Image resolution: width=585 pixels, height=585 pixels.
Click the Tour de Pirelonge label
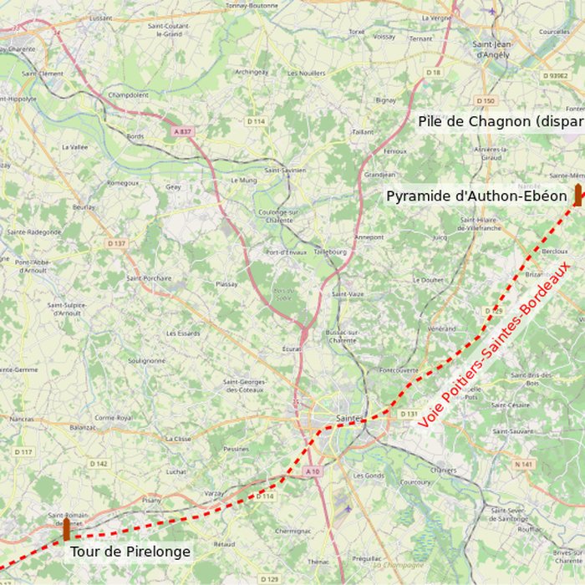tap(130, 552)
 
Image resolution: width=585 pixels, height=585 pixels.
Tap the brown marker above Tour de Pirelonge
tap(67, 528)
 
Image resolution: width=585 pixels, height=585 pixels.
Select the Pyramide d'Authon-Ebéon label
tap(476, 196)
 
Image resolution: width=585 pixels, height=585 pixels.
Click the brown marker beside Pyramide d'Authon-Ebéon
tap(577, 195)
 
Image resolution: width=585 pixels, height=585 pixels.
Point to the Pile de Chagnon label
tap(500, 121)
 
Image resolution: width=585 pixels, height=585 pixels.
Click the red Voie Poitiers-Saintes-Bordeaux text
tap(494, 344)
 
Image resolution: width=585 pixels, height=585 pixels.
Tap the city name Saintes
tap(348, 417)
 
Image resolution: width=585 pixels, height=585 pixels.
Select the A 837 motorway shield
tap(182, 130)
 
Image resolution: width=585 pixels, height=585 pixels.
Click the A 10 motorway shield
tap(313, 472)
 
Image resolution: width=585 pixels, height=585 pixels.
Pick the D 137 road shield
tap(116, 243)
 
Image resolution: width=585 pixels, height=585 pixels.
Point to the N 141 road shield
tap(524, 464)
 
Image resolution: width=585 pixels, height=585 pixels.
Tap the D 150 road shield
tap(486, 100)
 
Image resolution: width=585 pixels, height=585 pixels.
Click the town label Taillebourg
tap(329, 251)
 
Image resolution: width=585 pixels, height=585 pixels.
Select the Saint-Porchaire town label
tap(149, 278)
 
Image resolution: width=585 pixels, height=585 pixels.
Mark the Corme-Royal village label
tap(113, 417)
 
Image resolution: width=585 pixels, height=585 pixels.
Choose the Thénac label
tap(318, 562)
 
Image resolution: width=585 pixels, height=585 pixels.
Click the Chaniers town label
tap(443, 470)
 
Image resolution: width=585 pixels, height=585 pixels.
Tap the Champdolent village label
tap(129, 94)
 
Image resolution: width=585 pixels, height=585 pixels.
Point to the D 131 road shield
tap(408, 414)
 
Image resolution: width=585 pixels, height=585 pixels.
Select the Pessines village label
tap(237, 449)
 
